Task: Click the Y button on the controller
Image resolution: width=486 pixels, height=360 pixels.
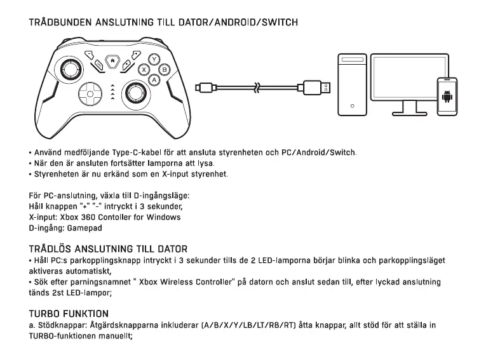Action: [x=154, y=59]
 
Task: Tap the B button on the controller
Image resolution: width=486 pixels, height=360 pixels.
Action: [x=165, y=69]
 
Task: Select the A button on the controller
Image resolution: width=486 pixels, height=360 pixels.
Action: [x=154, y=80]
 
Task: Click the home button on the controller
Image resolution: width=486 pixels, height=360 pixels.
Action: [x=113, y=61]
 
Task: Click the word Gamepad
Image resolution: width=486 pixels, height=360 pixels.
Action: [x=84, y=227]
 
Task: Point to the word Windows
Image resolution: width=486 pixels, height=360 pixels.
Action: [x=163, y=217]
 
